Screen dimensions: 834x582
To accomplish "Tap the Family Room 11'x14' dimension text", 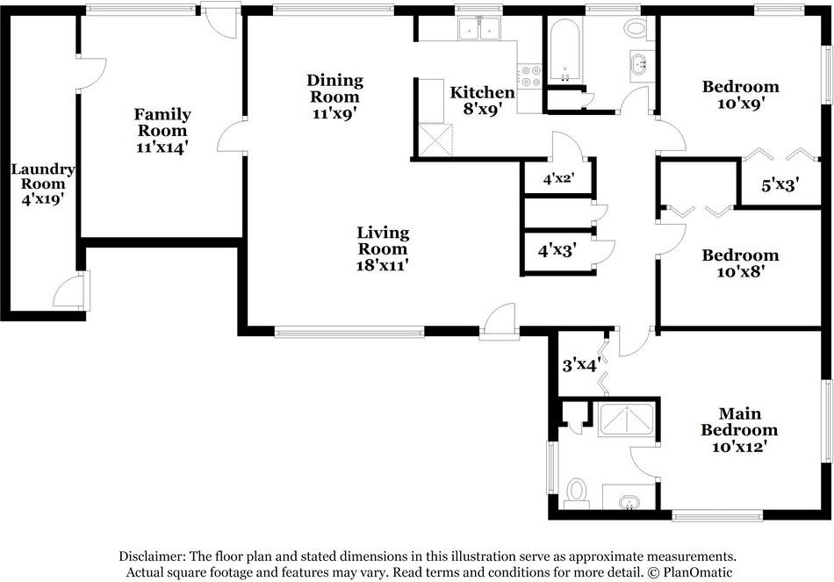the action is click(x=162, y=147).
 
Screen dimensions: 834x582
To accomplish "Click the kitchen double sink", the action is click(x=479, y=28).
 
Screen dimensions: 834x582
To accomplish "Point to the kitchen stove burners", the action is click(x=530, y=75).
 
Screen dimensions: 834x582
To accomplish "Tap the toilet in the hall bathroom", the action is click(x=635, y=28).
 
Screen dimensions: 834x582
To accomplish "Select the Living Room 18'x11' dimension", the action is click(x=383, y=265).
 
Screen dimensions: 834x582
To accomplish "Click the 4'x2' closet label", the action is click(x=559, y=178).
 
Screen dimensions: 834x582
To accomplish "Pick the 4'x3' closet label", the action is click(x=557, y=250).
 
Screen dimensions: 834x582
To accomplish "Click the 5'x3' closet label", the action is click(x=780, y=185).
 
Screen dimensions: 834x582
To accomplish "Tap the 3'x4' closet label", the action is click(x=582, y=365).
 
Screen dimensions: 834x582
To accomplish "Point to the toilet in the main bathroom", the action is click(x=577, y=493).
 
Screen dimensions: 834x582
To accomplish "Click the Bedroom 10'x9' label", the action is click(x=740, y=94).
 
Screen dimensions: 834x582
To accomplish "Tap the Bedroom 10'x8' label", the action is click(x=740, y=262).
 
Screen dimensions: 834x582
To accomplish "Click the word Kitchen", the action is click(x=483, y=92).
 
